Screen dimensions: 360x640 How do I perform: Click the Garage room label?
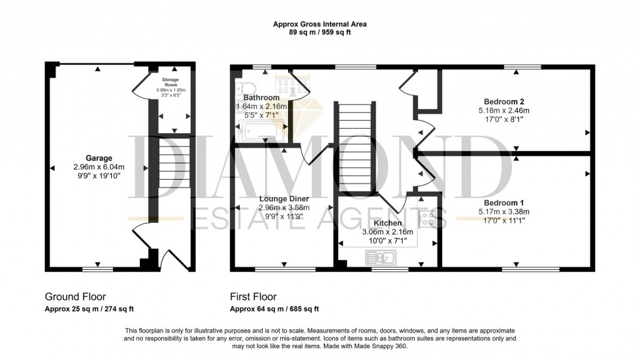pos(99,157)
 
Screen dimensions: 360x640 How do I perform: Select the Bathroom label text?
pos(261,97)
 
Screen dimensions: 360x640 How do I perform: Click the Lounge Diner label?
pos(283,199)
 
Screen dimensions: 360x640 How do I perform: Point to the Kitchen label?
pos(387,223)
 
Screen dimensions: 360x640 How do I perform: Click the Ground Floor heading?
pos(75,296)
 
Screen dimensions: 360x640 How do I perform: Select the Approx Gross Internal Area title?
pos(319,24)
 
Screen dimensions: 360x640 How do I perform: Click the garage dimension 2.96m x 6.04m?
pos(99,167)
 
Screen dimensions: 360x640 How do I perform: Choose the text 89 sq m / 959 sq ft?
pos(319,32)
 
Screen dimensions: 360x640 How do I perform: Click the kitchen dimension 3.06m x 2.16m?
pos(387,231)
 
